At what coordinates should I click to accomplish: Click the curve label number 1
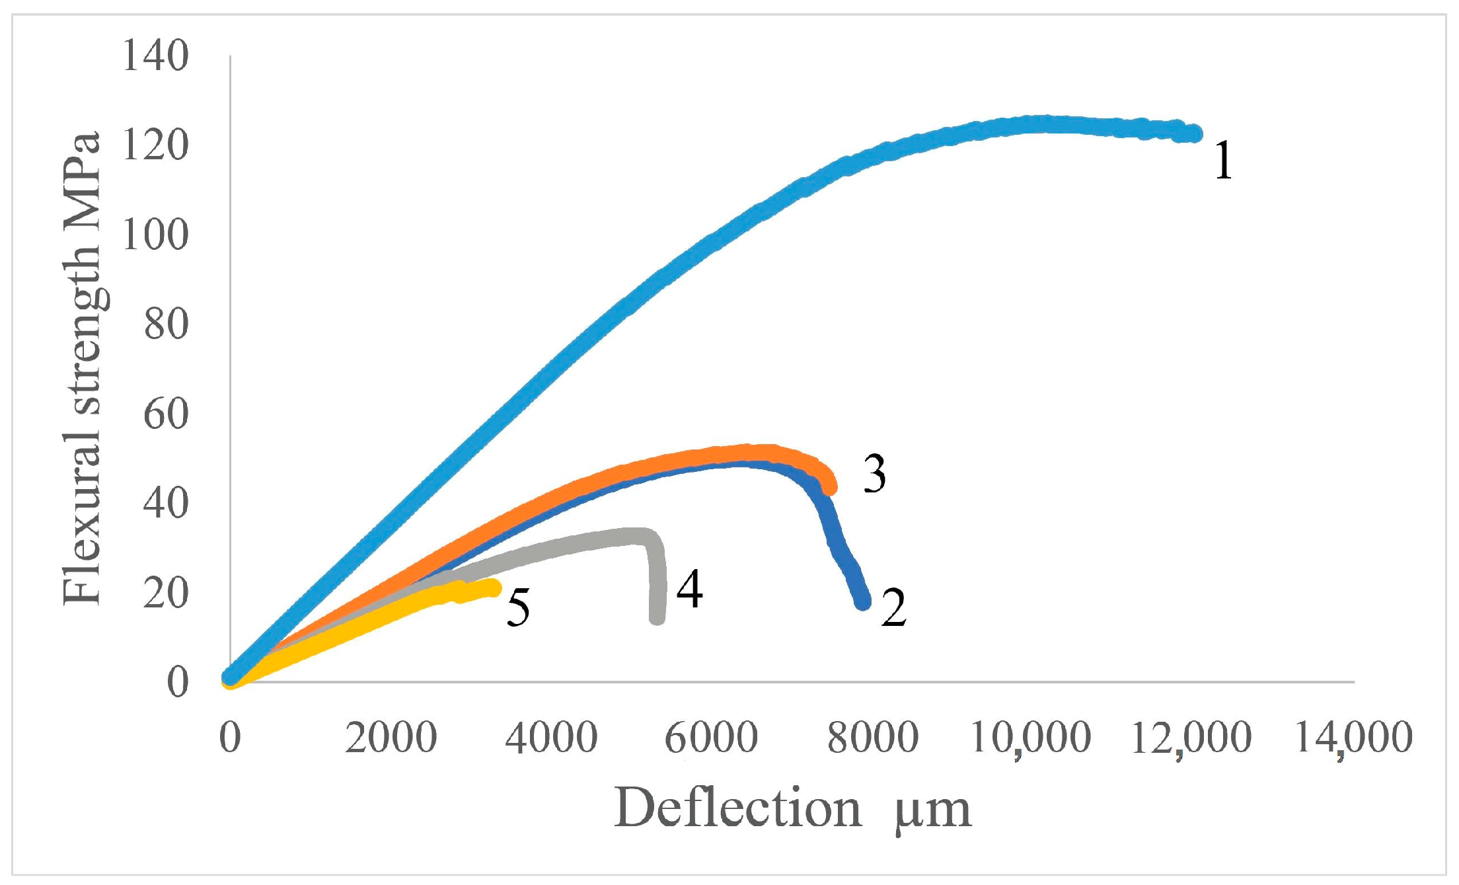click(x=1223, y=161)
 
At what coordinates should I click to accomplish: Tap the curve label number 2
click(x=893, y=608)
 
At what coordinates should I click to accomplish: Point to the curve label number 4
click(x=689, y=590)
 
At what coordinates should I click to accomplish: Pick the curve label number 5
click(x=518, y=608)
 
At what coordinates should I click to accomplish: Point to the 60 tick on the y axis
click(x=166, y=414)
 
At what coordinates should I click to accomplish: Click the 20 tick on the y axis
click(x=166, y=592)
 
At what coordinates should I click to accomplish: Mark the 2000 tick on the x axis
click(x=391, y=738)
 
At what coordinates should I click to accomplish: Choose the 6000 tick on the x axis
click(x=711, y=738)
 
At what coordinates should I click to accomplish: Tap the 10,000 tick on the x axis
click(x=1031, y=738)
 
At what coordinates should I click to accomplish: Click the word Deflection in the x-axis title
click(x=738, y=808)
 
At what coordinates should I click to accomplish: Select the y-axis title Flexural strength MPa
click(x=82, y=369)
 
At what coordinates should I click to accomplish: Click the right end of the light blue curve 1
click(x=1195, y=134)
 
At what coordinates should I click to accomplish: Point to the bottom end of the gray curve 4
click(x=657, y=618)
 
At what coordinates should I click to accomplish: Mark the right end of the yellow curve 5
click(x=493, y=588)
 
